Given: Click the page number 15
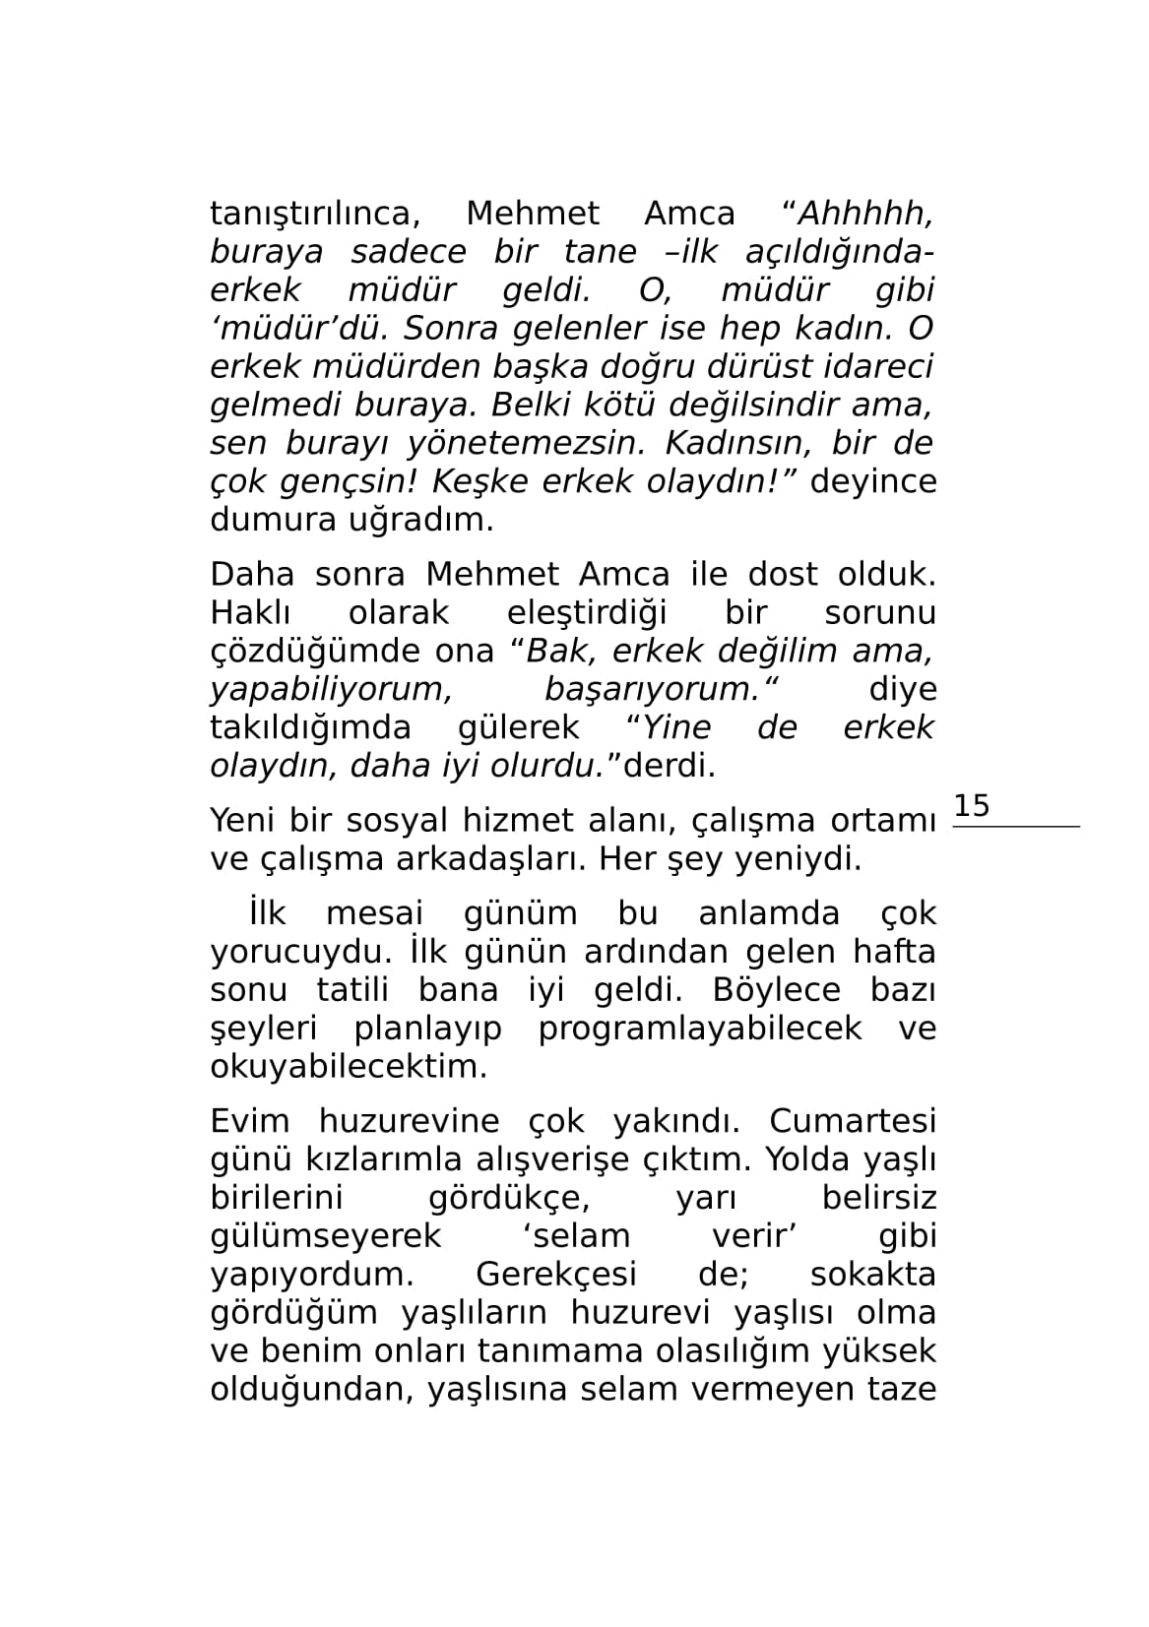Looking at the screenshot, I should [972, 806].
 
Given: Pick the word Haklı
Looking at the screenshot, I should [250, 613].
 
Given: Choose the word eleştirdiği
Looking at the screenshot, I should [586, 613].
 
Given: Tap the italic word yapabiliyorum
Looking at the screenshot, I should [331, 690].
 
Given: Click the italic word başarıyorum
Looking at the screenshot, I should [653, 690].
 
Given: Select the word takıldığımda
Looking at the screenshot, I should [310, 728].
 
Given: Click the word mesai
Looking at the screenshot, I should [374, 914].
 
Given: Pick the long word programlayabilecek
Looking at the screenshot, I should [699, 1030].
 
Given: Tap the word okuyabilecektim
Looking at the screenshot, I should [349, 1068].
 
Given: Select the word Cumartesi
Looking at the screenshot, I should [852, 1122].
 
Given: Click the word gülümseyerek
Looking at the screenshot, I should [326, 1237].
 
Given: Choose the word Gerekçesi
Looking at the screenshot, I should [555, 1276].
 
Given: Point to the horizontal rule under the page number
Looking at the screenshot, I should [1016, 827].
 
